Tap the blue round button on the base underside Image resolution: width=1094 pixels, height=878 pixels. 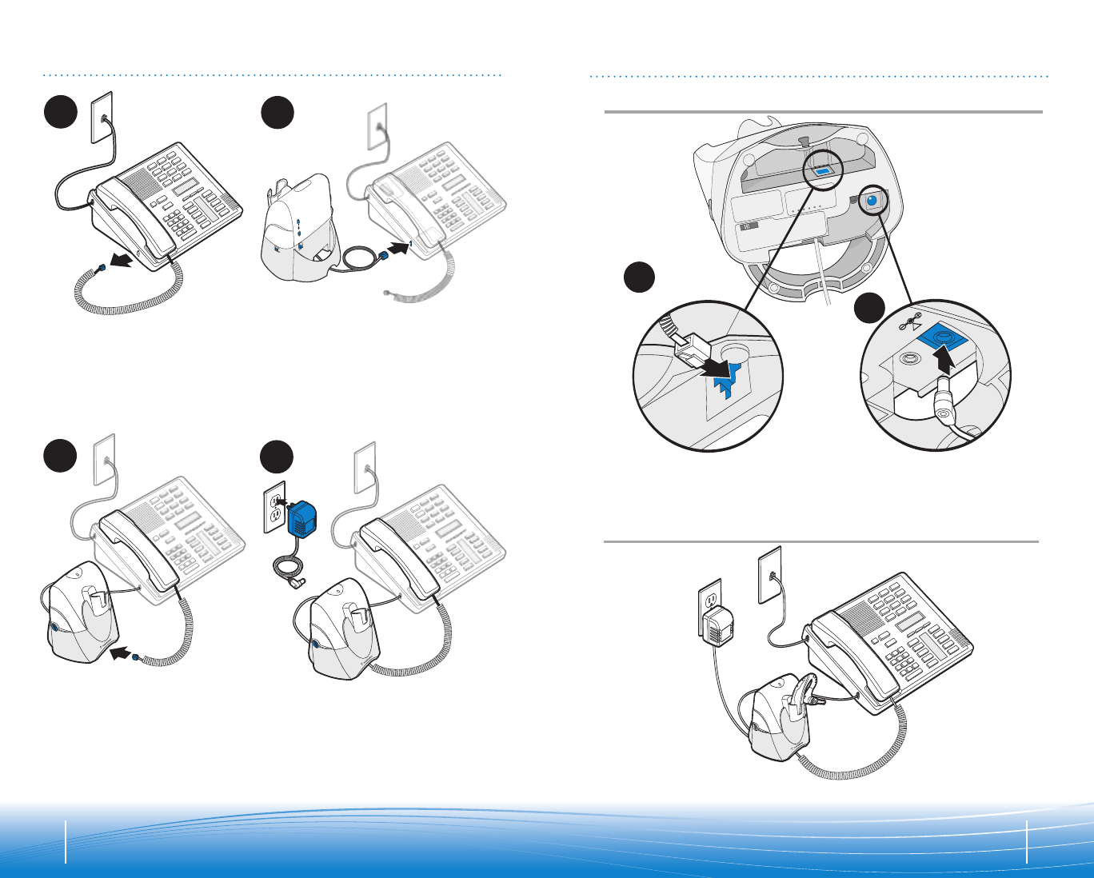point(872,202)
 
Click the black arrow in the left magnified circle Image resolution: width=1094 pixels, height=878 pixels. point(714,369)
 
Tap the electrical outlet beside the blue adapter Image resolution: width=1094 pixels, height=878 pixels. point(273,506)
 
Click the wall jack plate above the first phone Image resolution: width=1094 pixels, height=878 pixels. point(102,117)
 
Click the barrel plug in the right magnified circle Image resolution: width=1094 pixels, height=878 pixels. point(944,408)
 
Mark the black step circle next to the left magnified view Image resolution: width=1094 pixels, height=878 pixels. point(640,277)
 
